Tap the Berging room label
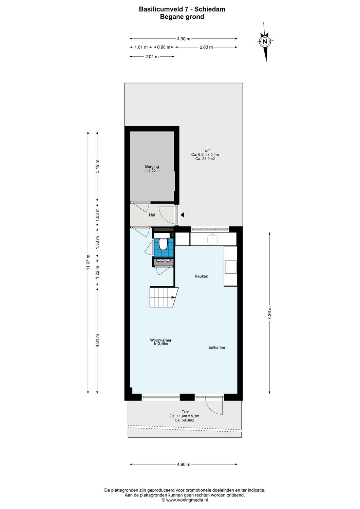(152, 167)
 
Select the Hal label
(152, 215)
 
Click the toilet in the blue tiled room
(163, 244)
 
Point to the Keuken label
(201, 276)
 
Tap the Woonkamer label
(160, 340)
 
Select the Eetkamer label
(217, 347)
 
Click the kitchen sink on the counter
(213, 239)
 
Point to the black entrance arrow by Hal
(182, 215)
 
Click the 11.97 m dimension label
(88, 262)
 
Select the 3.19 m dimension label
(97, 166)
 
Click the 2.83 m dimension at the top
(206, 47)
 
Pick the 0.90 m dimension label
(164, 47)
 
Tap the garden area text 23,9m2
(206, 159)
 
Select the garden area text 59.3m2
(184, 420)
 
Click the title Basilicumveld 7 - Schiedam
(182, 9)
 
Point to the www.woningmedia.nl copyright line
(185, 500)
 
